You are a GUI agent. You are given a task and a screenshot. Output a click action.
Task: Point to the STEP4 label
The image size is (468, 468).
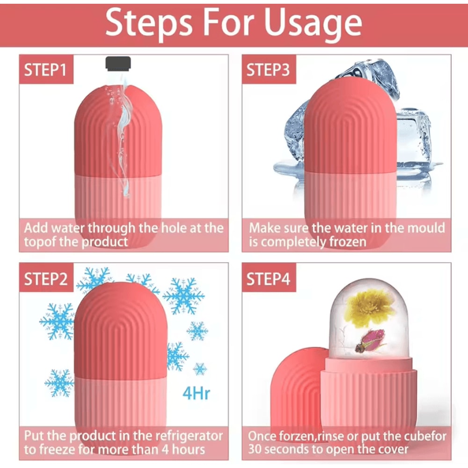(x=269, y=279)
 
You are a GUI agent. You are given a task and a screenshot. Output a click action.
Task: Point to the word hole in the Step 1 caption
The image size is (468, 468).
(x=175, y=228)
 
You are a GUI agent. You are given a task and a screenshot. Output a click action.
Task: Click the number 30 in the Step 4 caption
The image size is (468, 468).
(x=256, y=450)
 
